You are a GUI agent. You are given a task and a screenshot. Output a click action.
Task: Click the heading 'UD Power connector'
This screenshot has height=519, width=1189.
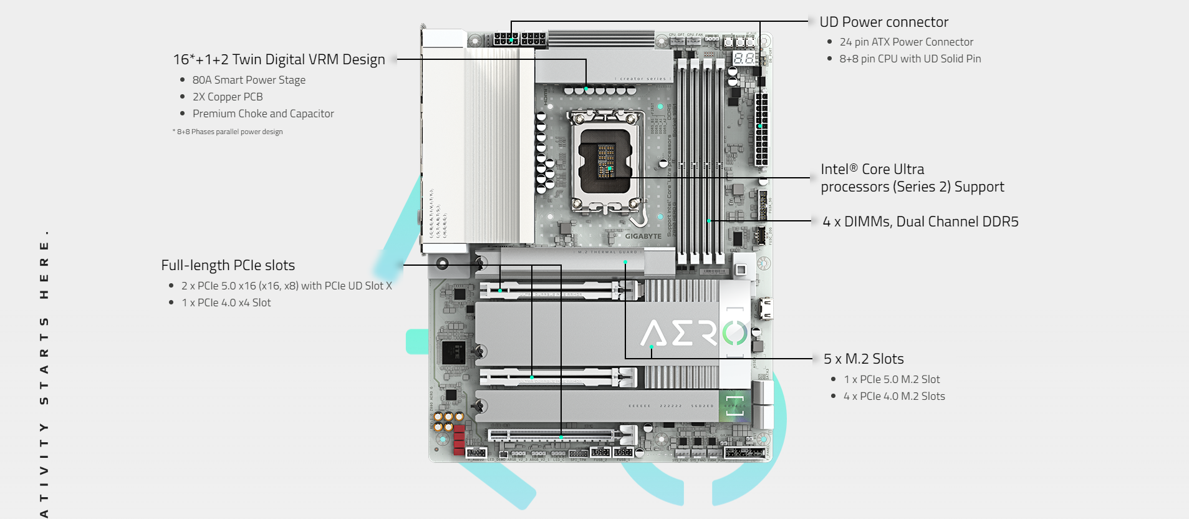[883, 22]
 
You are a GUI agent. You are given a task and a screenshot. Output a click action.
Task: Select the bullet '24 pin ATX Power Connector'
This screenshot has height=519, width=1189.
[906, 42]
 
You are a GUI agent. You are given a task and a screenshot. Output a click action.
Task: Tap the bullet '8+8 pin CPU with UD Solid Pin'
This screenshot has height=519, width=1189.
[910, 59]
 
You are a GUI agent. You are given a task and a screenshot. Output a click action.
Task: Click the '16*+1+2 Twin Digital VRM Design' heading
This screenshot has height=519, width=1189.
[279, 59]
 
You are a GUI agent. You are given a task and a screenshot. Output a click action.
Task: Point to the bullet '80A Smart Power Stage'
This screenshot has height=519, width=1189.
[249, 80]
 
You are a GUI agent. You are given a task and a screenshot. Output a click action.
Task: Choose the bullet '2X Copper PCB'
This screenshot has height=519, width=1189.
[228, 97]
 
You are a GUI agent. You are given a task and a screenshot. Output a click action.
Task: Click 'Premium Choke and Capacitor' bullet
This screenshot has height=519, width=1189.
[263, 114]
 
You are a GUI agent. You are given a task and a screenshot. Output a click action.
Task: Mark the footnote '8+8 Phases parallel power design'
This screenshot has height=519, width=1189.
[229, 132]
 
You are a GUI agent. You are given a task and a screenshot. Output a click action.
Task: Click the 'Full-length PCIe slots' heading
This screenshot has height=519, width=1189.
[228, 265]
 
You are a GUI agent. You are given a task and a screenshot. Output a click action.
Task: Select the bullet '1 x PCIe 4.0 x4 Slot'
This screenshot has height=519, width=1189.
[226, 303]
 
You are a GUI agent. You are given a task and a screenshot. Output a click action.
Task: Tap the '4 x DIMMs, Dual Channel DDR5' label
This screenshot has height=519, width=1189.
[920, 221]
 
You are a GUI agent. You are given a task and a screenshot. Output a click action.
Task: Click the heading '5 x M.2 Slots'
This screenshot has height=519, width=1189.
[864, 359]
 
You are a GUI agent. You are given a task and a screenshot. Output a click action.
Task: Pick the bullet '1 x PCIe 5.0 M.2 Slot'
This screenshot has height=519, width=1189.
[892, 379]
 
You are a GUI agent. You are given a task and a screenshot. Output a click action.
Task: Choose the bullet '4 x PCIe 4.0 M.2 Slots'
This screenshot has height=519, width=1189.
[894, 396]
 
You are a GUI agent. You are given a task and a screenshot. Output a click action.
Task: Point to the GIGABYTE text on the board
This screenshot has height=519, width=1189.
[643, 236]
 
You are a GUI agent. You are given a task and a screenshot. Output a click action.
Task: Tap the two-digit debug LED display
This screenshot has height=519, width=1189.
[744, 58]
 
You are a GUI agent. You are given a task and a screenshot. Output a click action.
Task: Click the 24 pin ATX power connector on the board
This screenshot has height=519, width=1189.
[761, 129]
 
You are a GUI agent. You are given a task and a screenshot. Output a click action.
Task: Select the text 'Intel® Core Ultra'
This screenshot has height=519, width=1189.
[872, 170]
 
